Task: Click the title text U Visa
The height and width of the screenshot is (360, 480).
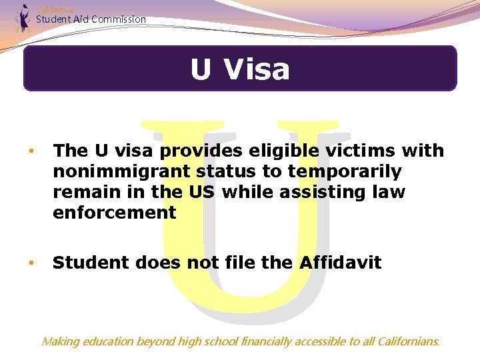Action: [240, 69]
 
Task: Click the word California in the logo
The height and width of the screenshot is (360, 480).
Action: [55, 9]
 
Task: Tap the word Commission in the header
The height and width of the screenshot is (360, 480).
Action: [119, 19]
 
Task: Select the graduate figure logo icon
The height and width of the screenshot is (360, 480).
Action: [24, 19]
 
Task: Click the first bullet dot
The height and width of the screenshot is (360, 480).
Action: [30, 151]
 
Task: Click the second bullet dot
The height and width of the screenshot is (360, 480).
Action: [30, 263]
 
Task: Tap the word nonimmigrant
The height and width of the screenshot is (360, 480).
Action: [122, 172]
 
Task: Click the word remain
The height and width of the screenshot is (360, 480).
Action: [85, 193]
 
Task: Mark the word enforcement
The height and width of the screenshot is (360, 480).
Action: [114, 213]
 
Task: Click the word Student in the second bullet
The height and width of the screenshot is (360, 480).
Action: [91, 263]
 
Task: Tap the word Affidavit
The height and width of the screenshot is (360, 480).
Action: [340, 263]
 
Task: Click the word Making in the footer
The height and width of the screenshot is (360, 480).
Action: [60, 342]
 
